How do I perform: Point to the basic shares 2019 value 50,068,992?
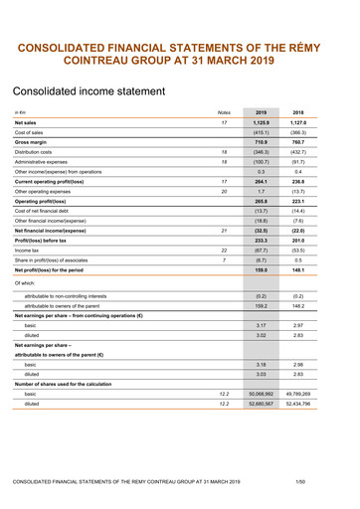point(262,396)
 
